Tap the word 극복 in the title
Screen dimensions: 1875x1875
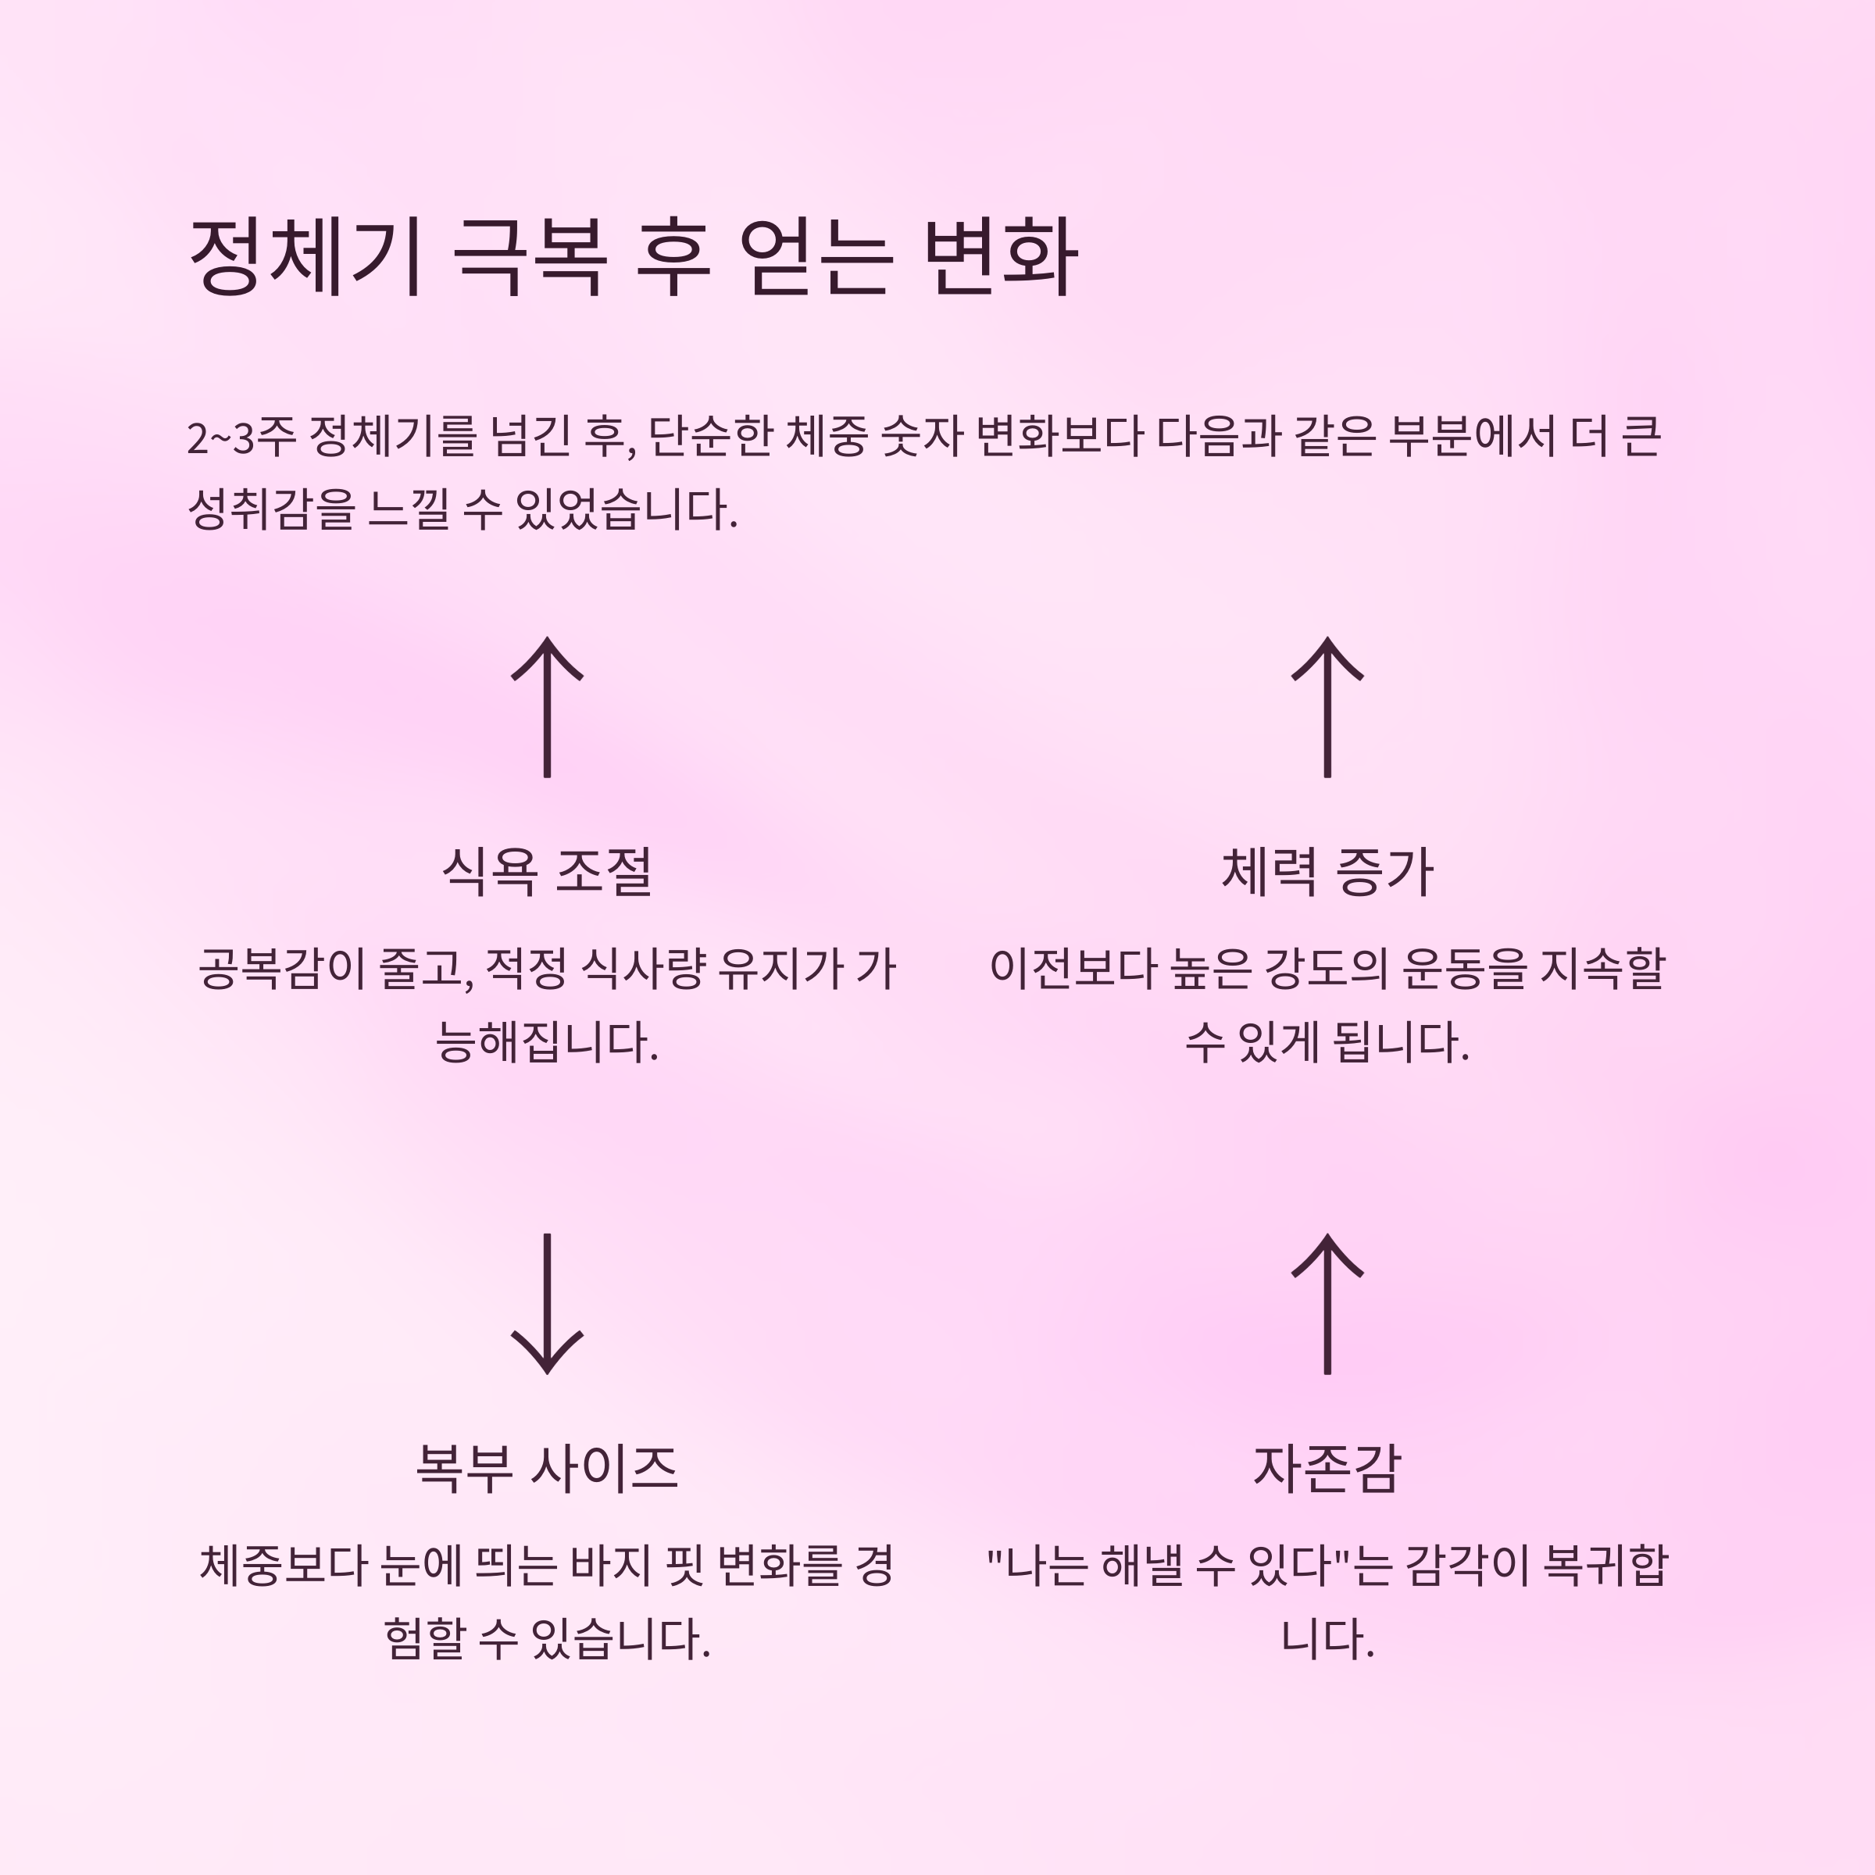[x=530, y=256]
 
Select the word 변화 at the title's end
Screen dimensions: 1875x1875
[x=1001, y=256]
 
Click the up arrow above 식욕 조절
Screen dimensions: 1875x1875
[x=548, y=706]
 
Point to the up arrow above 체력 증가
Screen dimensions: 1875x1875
[x=1327, y=706]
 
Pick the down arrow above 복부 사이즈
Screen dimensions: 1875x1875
[x=548, y=1303]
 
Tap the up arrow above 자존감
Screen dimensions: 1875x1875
[x=1327, y=1303]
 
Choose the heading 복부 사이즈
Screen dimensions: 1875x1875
[x=548, y=1467]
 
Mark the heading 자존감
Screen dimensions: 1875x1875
[x=1327, y=1467]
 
